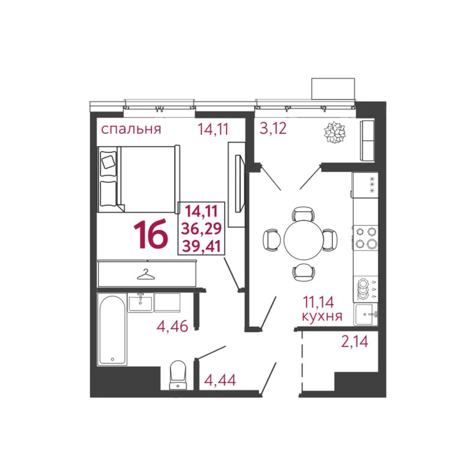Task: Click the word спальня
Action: point(131,130)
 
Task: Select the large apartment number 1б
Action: point(151,236)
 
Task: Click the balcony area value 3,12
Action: point(274,130)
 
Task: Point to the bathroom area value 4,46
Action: point(172,327)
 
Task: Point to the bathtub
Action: point(113,330)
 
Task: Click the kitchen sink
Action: point(366,314)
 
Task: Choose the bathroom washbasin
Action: point(141,302)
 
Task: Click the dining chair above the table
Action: point(302,213)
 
